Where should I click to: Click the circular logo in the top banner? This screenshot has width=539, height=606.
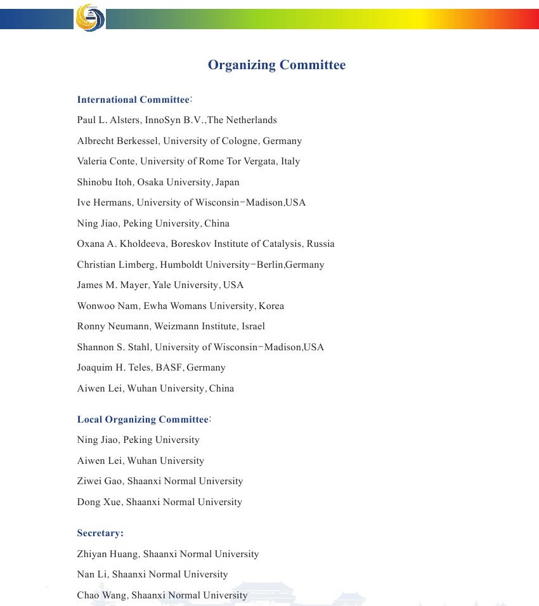click(x=89, y=17)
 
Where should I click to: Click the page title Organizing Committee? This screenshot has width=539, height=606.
click(x=276, y=65)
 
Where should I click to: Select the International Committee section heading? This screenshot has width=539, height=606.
click(x=134, y=100)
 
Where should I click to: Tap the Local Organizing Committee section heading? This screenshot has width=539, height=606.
click(x=143, y=419)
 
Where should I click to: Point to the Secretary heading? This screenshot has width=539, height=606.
click(x=100, y=533)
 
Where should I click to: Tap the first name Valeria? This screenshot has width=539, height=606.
click(x=91, y=161)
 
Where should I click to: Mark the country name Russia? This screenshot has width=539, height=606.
click(x=320, y=244)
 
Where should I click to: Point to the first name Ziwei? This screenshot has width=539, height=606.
click(x=89, y=481)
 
